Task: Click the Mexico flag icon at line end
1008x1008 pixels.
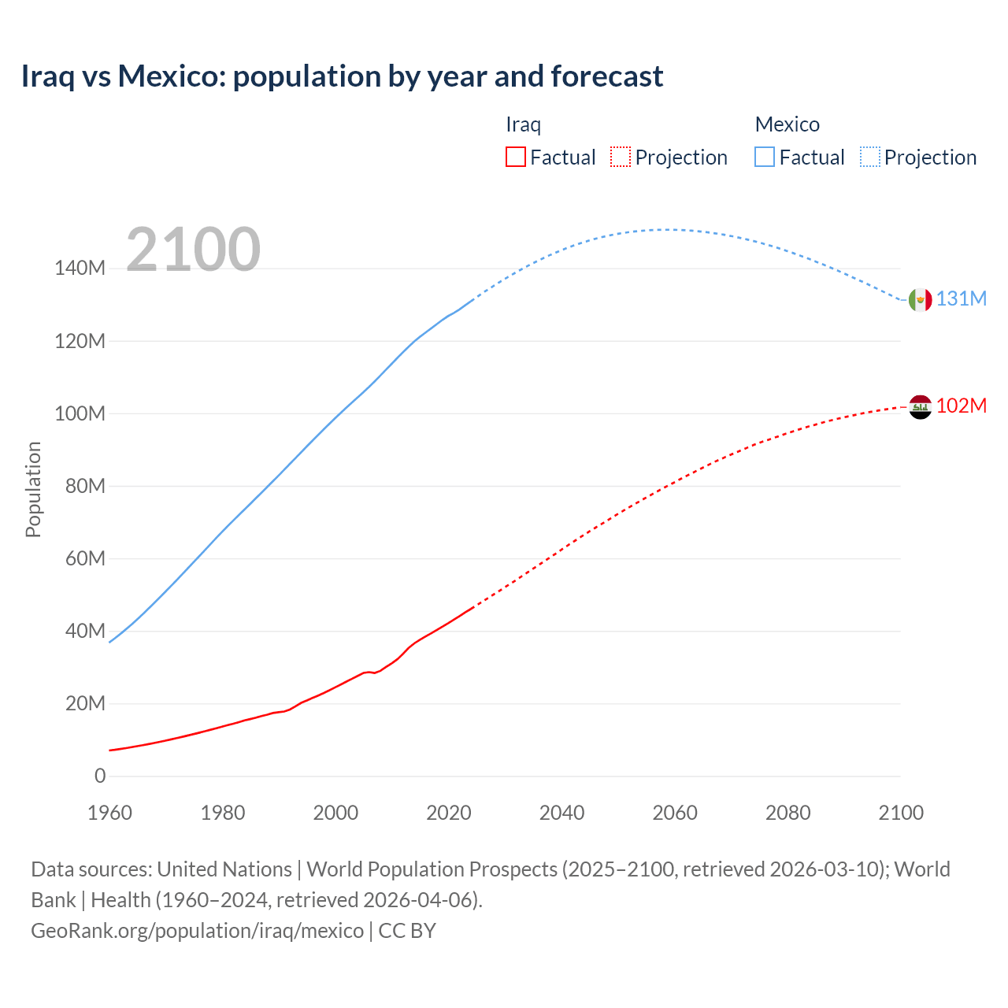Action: tap(920, 299)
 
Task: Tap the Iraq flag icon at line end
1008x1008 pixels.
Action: tap(920, 406)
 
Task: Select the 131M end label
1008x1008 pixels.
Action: tap(961, 299)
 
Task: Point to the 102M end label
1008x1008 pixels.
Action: tap(961, 406)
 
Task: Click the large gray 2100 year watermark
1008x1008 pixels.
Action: tap(193, 250)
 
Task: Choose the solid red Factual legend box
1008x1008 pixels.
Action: tap(515, 157)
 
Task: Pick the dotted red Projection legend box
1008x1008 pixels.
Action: tap(621, 157)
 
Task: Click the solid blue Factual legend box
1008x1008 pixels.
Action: tap(764, 157)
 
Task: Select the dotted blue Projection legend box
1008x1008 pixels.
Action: tap(870, 157)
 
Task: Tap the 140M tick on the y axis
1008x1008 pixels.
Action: tap(80, 269)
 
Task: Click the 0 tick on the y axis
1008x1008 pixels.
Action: tap(100, 776)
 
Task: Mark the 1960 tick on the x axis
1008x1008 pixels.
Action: tap(109, 813)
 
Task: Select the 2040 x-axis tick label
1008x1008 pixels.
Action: tap(561, 813)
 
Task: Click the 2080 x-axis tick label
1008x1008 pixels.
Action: tap(787, 813)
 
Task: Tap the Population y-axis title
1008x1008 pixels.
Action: tap(33, 489)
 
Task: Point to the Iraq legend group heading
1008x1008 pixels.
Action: tap(523, 124)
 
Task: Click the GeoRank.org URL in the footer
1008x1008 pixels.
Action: tap(197, 931)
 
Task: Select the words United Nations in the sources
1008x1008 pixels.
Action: tap(224, 869)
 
